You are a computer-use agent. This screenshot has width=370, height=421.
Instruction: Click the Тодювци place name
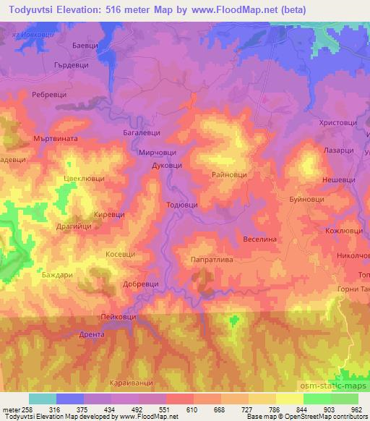(181, 205)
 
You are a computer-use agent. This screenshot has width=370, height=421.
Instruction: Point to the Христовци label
(338, 124)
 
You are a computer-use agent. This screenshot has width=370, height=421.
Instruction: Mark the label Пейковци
(121, 317)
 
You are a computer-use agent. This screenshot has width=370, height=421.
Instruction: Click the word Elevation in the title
(92, 10)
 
